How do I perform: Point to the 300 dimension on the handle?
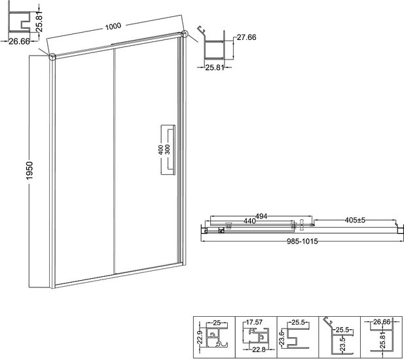[168, 149]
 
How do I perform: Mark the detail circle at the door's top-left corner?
[52, 56]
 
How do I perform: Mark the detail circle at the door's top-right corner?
[185, 34]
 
